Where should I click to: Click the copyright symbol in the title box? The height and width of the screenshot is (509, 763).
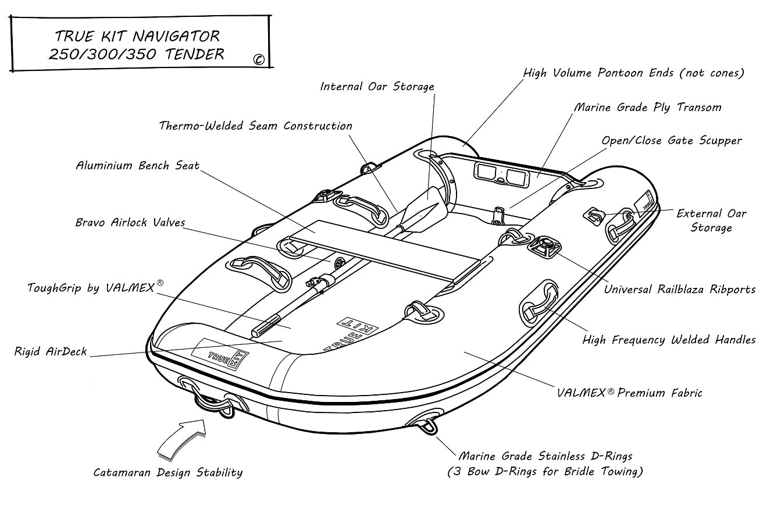click(x=259, y=59)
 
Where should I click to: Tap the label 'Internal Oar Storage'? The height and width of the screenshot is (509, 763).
click(x=377, y=87)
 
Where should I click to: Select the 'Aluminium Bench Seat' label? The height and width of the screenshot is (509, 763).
click(x=138, y=166)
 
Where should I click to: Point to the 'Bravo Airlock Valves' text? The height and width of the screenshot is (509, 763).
click(x=130, y=223)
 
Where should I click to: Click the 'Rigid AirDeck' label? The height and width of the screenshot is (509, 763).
click(x=51, y=351)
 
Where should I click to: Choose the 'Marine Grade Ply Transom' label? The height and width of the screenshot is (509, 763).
click(x=647, y=108)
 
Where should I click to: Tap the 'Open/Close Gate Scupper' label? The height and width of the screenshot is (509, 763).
click(x=672, y=141)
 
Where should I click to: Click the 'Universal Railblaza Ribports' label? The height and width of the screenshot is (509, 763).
click(x=680, y=289)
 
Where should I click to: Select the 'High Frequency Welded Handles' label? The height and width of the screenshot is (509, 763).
click(x=669, y=340)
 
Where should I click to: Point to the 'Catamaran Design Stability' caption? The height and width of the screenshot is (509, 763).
click(x=168, y=472)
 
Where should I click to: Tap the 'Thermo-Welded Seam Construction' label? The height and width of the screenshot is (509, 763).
click(x=256, y=126)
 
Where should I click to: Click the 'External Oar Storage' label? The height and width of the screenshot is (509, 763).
click(x=711, y=220)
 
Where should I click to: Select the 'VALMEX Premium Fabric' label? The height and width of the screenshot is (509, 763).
click(x=629, y=393)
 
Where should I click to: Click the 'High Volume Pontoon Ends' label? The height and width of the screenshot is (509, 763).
click(x=633, y=73)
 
